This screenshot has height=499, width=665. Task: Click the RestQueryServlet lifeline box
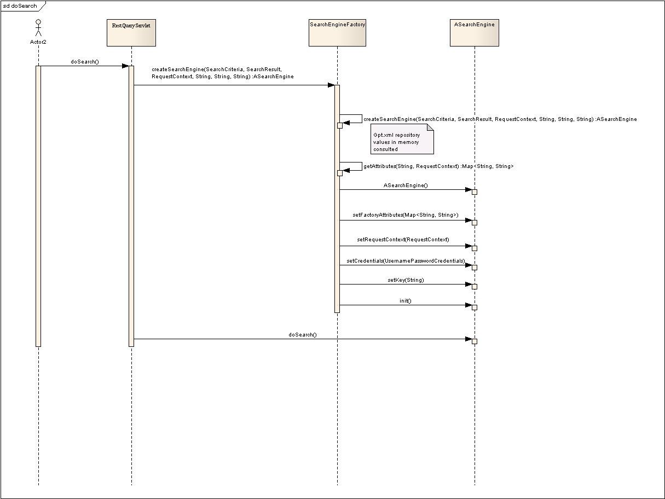click(x=131, y=33)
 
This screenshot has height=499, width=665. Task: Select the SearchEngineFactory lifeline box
click(x=337, y=33)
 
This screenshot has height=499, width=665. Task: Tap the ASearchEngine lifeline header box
click(x=475, y=33)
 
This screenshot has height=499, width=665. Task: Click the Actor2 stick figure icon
click(x=38, y=28)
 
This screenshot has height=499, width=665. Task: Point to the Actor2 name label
click(x=38, y=42)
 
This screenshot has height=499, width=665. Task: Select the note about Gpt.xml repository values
click(x=402, y=139)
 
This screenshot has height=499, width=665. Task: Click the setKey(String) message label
click(x=406, y=280)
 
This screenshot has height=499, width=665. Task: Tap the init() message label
click(x=406, y=300)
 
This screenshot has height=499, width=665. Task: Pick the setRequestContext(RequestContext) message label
click(x=403, y=240)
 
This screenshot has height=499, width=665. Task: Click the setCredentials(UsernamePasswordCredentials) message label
click(x=406, y=260)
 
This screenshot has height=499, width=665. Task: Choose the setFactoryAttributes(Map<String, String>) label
click(x=406, y=214)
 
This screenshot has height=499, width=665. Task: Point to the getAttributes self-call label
click(x=438, y=166)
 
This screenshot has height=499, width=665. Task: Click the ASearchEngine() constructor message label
click(x=406, y=185)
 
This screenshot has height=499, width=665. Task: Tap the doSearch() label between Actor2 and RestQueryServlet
click(x=85, y=61)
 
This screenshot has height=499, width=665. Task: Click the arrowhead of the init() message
click(x=469, y=305)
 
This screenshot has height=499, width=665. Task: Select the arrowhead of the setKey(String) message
click(x=469, y=285)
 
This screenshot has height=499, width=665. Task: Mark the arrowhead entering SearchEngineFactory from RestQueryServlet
click(x=331, y=85)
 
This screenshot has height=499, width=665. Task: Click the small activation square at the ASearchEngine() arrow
click(x=475, y=192)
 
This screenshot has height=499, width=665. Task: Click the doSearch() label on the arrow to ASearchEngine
click(x=303, y=335)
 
